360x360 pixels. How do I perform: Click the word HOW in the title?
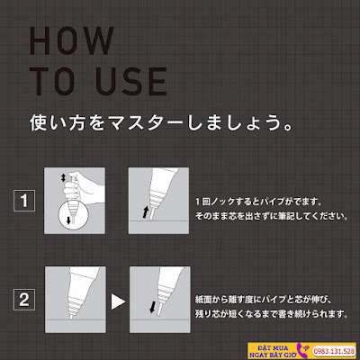[x=72, y=40]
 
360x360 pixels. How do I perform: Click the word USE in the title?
[x=131, y=81]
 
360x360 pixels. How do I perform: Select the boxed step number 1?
[x=24, y=201]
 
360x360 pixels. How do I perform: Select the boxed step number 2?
[x=24, y=300]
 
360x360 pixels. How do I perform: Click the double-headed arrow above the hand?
[x=63, y=178]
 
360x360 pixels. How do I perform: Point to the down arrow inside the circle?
[x=68, y=220]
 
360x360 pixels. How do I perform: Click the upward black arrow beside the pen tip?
[x=146, y=211]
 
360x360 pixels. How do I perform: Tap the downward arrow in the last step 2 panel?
[x=153, y=307]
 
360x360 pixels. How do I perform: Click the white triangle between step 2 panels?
[x=118, y=301]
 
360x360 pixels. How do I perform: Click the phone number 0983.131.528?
[x=334, y=351]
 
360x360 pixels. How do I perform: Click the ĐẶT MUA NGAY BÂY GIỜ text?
[x=273, y=351]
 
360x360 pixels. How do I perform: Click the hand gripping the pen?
[x=81, y=187]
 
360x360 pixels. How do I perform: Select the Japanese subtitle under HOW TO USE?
[x=161, y=122]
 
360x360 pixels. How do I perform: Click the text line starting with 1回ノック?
[x=258, y=202]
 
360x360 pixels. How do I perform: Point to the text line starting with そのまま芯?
[x=272, y=216]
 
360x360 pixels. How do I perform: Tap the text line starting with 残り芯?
[x=272, y=314]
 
